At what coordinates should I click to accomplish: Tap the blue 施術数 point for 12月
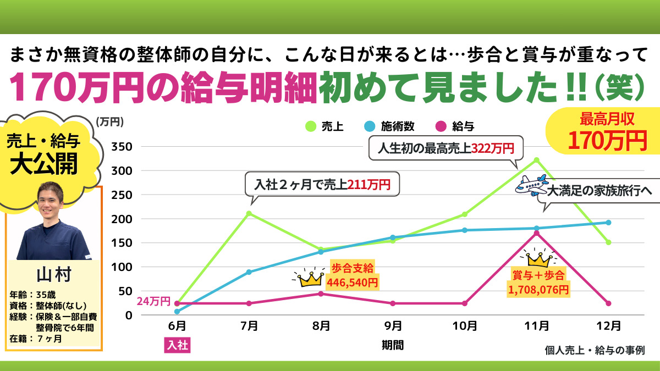pyautogui.click(x=608, y=223)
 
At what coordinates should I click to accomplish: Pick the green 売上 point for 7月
pyautogui.click(x=249, y=213)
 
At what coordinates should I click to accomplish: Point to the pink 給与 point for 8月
pyautogui.click(x=321, y=294)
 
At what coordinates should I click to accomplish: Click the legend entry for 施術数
pyautogui.click(x=389, y=126)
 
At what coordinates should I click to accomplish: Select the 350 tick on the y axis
pyautogui.click(x=122, y=147)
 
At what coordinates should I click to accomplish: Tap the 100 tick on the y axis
pyautogui.click(x=122, y=267)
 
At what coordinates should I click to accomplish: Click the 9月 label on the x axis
pyautogui.click(x=393, y=326)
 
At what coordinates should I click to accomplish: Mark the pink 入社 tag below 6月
pyautogui.click(x=177, y=346)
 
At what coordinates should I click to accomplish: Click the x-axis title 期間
pyautogui.click(x=393, y=345)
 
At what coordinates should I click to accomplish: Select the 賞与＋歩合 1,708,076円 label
pyautogui.click(x=538, y=281)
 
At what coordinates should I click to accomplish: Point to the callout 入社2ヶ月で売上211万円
pyautogui.click(x=322, y=185)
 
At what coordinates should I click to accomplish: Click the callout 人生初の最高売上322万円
pyautogui.click(x=446, y=148)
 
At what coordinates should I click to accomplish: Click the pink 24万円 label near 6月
pyautogui.click(x=153, y=302)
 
